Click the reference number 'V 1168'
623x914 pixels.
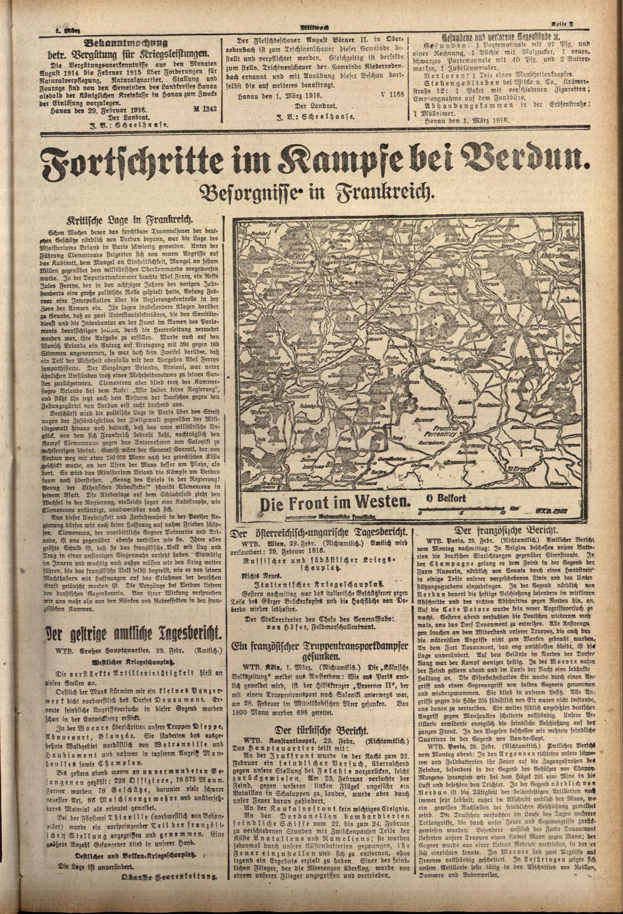click(x=391, y=95)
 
